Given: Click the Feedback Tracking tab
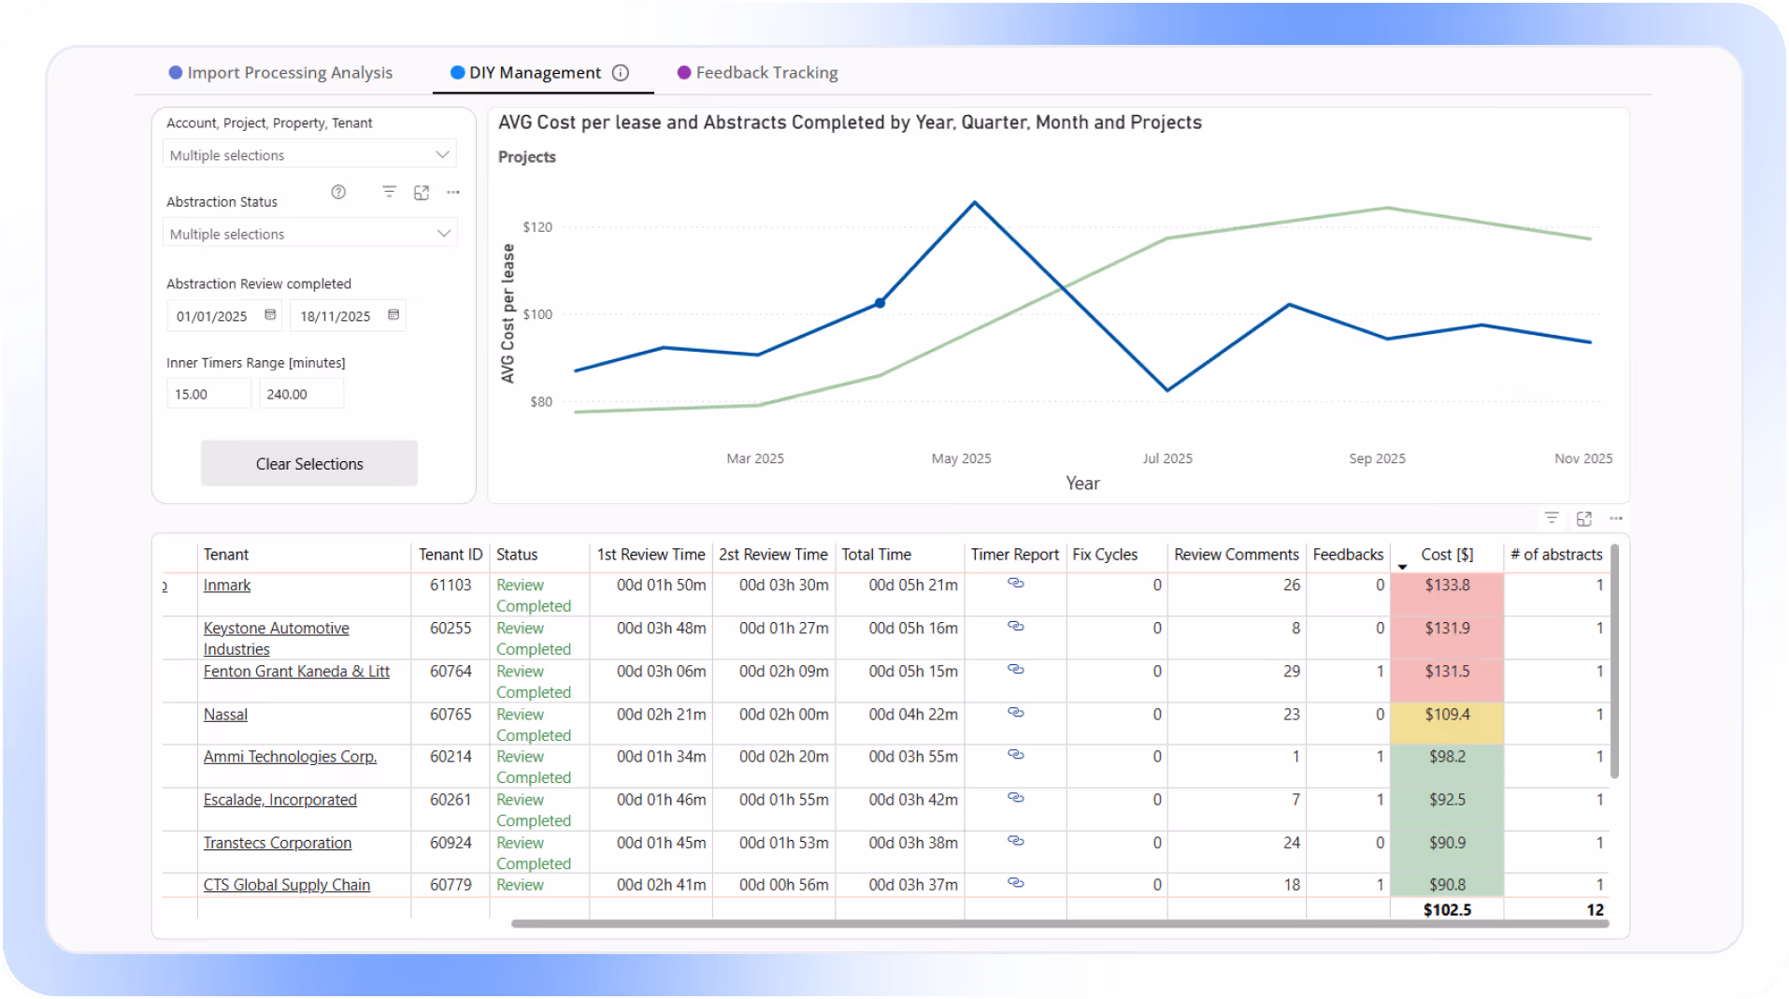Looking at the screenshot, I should [766, 73].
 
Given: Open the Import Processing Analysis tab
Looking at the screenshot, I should [289, 73].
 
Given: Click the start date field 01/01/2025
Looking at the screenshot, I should [212, 316].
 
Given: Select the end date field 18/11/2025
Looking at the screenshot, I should [336, 316].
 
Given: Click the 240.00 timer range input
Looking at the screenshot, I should [299, 394].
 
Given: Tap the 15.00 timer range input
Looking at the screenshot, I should [208, 394].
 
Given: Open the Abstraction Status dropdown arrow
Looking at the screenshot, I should [444, 234].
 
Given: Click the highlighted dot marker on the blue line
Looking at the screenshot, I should [880, 303].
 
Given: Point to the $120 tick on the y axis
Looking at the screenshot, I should [537, 227].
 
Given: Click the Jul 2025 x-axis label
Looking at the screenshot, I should [1167, 458].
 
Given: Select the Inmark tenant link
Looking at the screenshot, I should [227, 586].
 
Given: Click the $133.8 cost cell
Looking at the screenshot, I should [1446, 586].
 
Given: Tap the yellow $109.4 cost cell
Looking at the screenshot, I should [1446, 715].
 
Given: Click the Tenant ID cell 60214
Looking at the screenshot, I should [450, 757].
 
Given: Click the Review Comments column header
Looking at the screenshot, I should [1236, 555].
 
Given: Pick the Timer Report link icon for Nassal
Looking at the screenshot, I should [1016, 713].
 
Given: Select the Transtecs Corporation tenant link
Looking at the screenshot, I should [278, 843].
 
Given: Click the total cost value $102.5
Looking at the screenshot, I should [1446, 910].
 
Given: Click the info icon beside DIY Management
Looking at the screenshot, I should [621, 73].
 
